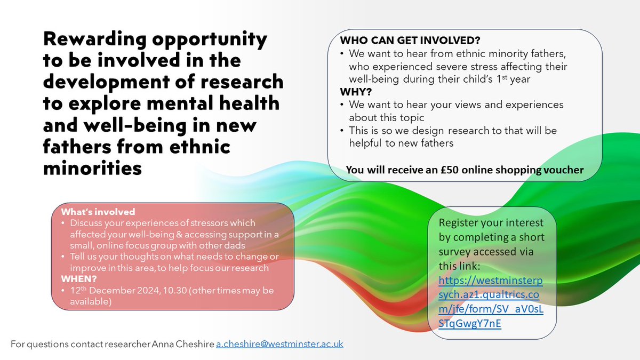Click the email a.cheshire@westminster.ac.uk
[x=279, y=345]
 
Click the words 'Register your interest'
[x=491, y=222]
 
